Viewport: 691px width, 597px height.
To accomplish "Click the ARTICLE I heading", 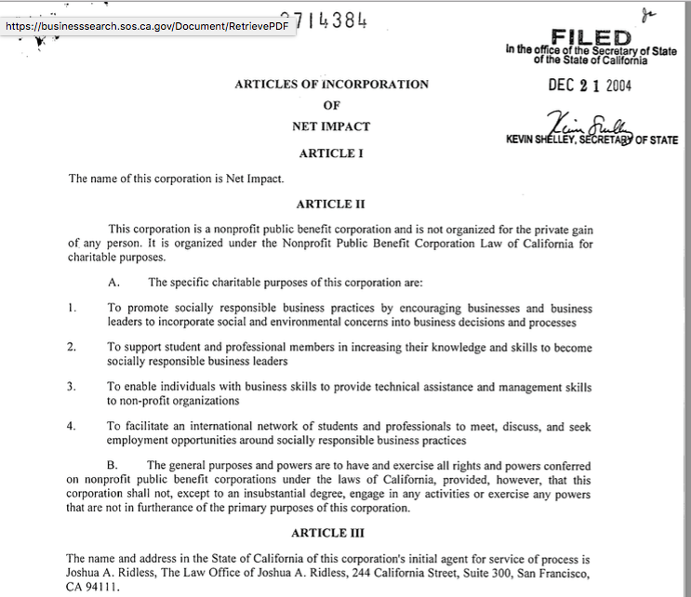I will (x=331, y=153).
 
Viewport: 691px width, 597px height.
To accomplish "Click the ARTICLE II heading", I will (x=331, y=204).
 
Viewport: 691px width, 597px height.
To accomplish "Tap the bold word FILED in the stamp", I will (x=591, y=37).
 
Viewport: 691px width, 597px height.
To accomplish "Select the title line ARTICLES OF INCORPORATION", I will (x=331, y=85).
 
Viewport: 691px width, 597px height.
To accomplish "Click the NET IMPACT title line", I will (x=331, y=126).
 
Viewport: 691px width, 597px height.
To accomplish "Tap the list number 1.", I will (x=72, y=308).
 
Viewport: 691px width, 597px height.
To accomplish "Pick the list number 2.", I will (x=72, y=347).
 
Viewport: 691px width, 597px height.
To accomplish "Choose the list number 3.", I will (x=72, y=387).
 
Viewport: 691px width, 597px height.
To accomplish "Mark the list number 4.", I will (x=72, y=427).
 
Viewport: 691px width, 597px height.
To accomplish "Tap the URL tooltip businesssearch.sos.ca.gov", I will (x=149, y=27).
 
